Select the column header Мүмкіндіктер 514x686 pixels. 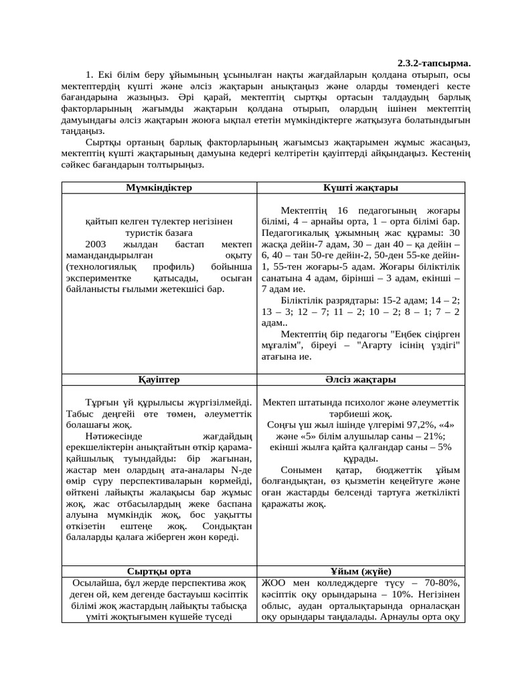click(x=159, y=188)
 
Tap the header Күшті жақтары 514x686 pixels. click(x=361, y=188)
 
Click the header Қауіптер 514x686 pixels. click(x=159, y=379)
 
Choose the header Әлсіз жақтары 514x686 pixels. click(x=361, y=379)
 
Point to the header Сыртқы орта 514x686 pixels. click(x=159, y=571)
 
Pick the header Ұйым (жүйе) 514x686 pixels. click(x=361, y=571)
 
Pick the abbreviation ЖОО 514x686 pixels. click(x=272, y=582)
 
